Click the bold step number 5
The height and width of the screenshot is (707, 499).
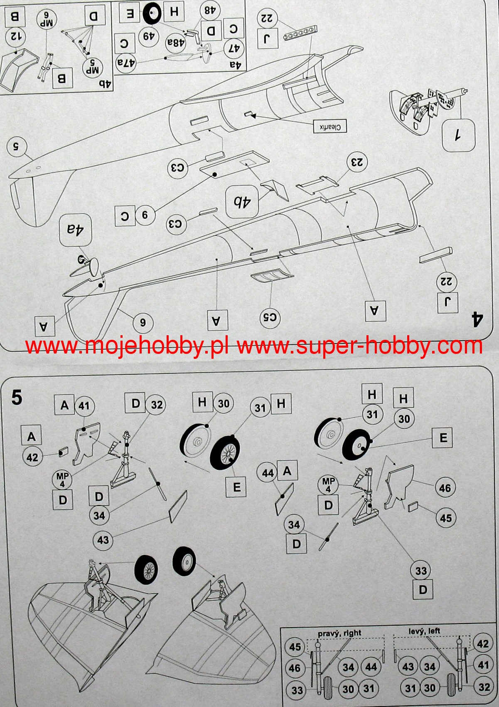17,398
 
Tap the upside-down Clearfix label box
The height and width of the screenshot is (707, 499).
329,126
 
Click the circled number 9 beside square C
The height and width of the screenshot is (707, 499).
145,215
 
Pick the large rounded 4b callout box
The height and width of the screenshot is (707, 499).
242,202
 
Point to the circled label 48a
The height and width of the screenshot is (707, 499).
175,43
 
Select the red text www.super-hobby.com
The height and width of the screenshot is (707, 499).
360,346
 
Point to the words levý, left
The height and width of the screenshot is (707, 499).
424,604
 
